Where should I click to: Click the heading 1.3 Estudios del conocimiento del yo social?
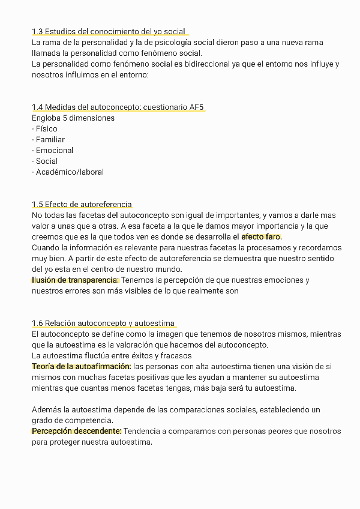tap(109, 32)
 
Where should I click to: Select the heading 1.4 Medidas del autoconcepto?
tap(118, 107)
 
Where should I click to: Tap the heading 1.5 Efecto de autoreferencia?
tap(82, 205)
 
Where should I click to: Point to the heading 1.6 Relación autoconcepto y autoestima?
tap(103, 324)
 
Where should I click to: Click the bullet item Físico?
tap(45, 129)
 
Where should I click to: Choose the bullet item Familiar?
tap(49, 140)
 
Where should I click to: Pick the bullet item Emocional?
tap(53, 151)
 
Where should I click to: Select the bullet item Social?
tap(46, 161)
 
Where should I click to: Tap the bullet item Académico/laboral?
tap(68, 172)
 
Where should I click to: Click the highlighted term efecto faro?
tap(261, 237)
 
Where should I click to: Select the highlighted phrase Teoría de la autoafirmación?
tap(82, 367)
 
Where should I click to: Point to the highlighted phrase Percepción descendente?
tap(77, 432)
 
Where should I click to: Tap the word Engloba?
tap(47, 118)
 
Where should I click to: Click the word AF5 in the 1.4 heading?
tap(196, 107)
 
